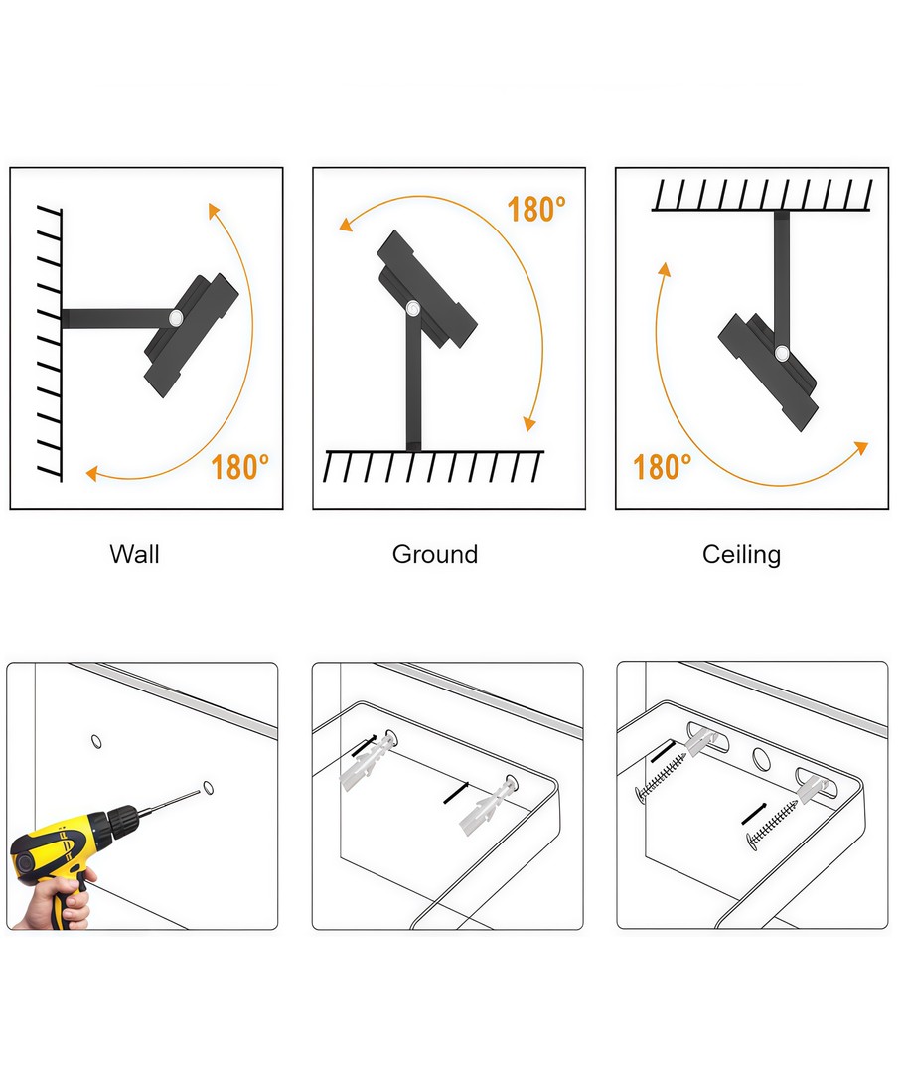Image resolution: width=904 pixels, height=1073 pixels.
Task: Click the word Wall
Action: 135,554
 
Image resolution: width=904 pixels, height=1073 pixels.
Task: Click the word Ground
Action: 435,554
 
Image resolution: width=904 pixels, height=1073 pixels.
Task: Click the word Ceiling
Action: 742,555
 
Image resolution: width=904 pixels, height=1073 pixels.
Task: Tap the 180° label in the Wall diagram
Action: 239,467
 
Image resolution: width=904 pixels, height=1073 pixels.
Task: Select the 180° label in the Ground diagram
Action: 536,210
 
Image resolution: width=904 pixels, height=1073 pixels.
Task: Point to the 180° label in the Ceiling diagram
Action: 662,467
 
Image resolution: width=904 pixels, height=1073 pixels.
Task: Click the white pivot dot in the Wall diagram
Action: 176,318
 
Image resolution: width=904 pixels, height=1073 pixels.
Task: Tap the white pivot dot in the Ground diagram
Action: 413,309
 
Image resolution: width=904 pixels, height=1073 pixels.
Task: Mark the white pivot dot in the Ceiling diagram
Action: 782,353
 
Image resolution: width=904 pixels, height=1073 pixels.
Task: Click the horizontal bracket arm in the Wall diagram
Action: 115,318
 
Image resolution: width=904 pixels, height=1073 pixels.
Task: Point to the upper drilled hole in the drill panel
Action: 96,742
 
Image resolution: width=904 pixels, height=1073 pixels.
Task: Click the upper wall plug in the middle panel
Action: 367,762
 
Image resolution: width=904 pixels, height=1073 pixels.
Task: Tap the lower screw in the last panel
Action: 772,825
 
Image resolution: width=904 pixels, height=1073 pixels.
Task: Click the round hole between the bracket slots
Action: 761,758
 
